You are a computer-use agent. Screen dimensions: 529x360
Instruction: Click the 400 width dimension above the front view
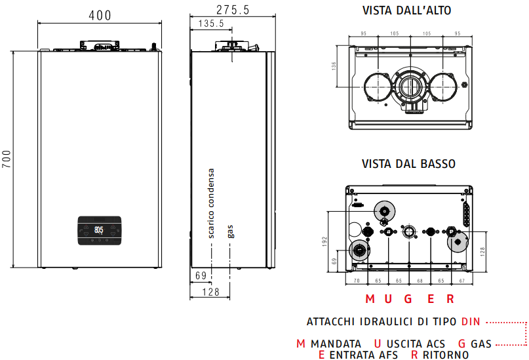point(100,16)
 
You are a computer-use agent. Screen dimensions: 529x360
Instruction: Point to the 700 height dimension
point(7,159)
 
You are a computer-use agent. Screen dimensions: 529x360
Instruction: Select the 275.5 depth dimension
point(233,10)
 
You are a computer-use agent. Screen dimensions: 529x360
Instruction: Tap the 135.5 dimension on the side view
point(211,24)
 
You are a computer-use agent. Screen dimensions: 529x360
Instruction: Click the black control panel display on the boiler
point(100,230)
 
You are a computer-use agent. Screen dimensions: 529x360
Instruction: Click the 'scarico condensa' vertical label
point(211,203)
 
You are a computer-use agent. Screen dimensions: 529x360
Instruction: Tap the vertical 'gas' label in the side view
point(231,231)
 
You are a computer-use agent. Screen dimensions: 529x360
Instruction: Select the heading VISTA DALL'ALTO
point(406,10)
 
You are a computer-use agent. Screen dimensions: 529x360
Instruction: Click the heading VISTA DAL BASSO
point(408,164)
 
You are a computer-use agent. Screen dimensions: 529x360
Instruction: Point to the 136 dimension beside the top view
point(334,66)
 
